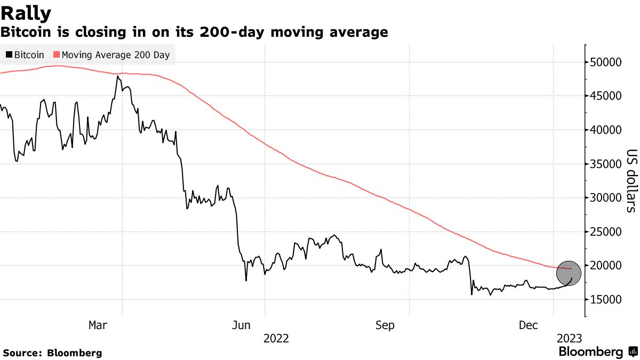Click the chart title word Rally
[x=26, y=12]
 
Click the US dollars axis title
[x=630, y=180]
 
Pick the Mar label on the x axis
[x=98, y=325]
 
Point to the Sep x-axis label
[x=386, y=325]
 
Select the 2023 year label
[x=569, y=339]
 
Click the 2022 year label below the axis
[x=277, y=339]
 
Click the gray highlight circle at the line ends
[x=569, y=273]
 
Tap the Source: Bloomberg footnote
[x=52, y=353]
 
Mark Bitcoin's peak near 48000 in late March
[x=117, y=76]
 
